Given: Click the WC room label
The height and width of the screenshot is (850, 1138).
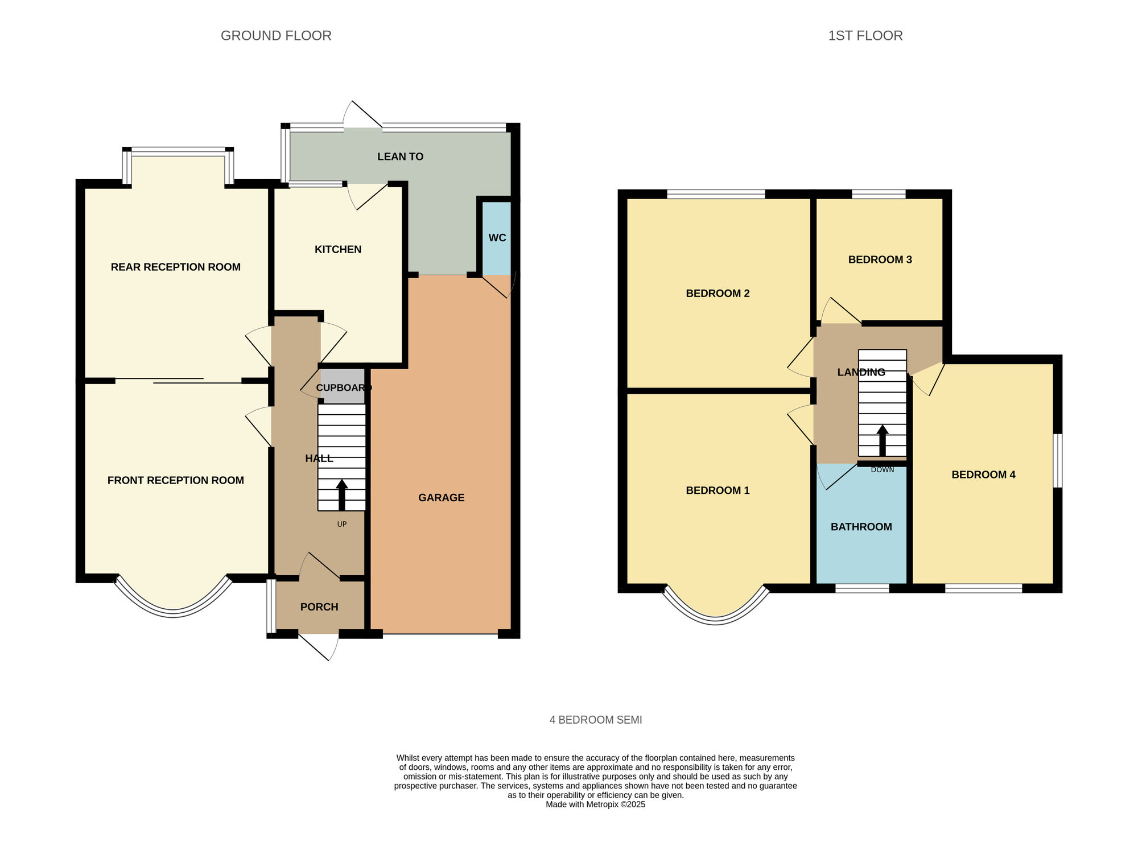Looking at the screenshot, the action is tap(497, 238).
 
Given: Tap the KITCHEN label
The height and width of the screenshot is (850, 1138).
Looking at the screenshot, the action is tap(338, 249).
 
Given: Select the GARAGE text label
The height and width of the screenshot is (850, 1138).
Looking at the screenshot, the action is tap(442, 498).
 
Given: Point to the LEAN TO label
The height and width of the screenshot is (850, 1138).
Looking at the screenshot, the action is tap(400, 156).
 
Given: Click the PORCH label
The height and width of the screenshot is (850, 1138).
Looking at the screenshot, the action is tap(319, 607).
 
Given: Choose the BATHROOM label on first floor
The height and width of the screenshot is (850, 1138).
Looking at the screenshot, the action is tap(861, 527).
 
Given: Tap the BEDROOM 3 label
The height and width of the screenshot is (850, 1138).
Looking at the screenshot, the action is tap(880, 260).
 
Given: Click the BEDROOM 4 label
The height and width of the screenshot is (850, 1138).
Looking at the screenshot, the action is tap(984, 474).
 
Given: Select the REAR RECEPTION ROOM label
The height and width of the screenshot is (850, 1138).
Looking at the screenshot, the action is tap(176, 267).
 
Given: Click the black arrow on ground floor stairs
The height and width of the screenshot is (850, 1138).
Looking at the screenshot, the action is tap(342, 495).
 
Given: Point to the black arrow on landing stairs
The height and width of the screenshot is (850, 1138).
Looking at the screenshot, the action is tap(883, 440).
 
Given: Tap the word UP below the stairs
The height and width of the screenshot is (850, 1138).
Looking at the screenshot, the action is tap(342, 524).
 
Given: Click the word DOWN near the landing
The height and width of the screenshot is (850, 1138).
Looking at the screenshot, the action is tap(883, 470).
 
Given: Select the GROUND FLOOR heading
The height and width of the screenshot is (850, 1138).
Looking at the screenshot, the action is tap(276, 36).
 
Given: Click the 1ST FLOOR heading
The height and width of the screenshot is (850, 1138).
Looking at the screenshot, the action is tap(865, 36).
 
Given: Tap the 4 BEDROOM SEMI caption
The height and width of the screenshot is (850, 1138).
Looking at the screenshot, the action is tap(596, 720).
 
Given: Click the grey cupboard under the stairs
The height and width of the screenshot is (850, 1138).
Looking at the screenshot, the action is tap(343, 386).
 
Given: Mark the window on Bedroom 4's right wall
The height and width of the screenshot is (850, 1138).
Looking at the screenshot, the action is tap(1057, 461).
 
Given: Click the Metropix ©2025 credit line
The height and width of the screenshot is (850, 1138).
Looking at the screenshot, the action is tap(596, 804).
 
